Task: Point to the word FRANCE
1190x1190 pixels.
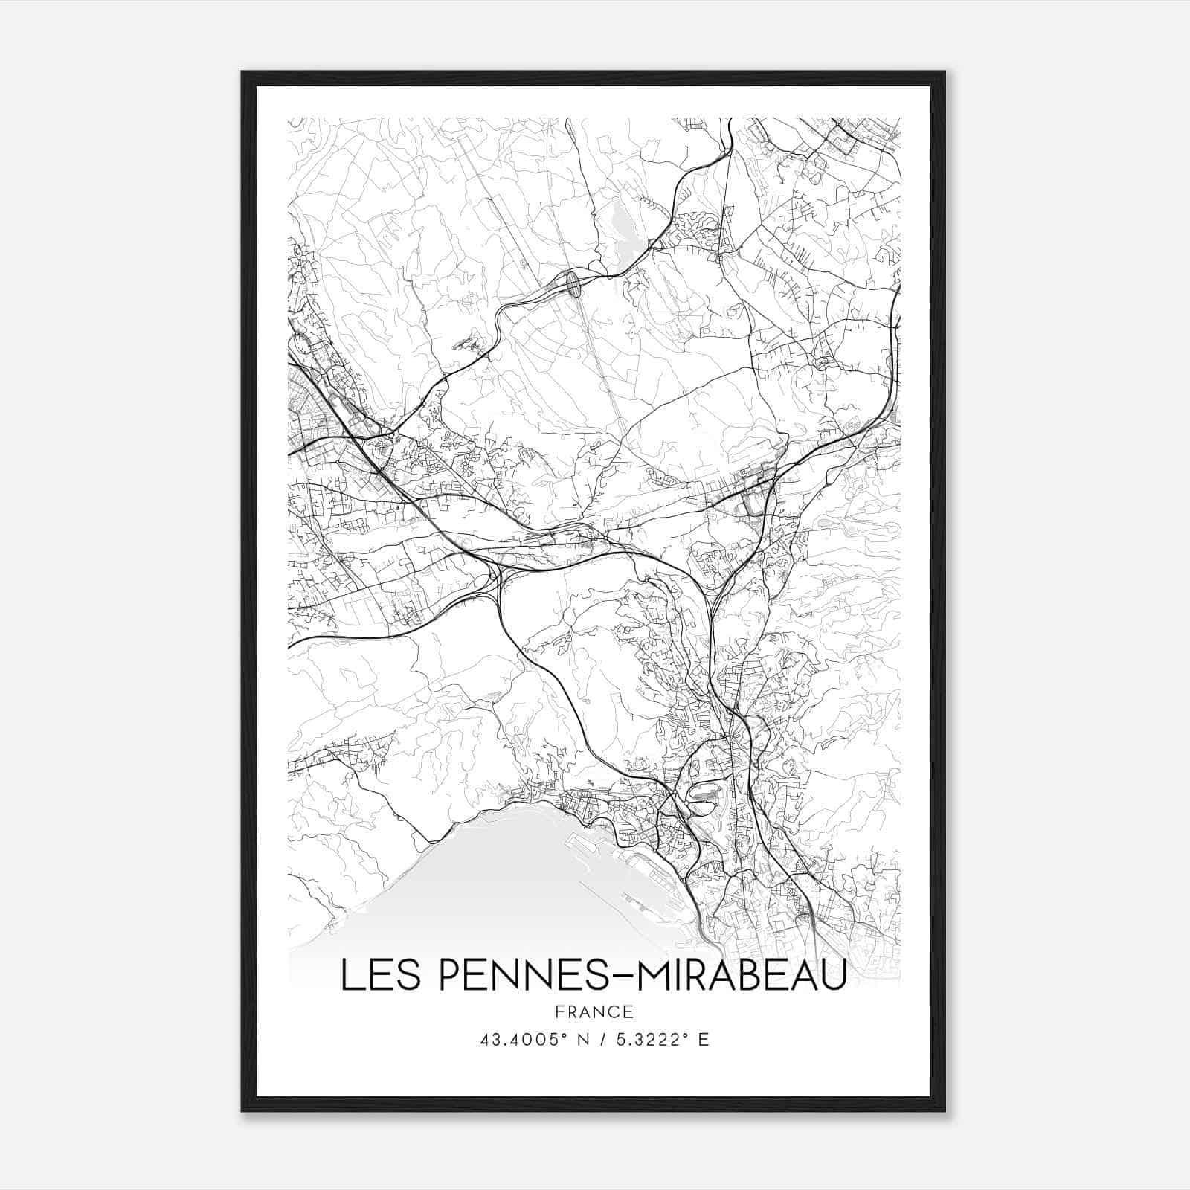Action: pyautogui.click(x=594, y=1011)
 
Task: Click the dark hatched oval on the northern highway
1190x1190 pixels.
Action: pyautogui.click(x=573, y=284)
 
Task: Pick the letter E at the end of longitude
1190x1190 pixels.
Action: pyautogui.click(x=704, y=1039)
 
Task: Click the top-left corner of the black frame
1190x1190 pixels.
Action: pyautogui.click(x=242, y=72)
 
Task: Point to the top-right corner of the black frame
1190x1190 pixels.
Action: pyautogui.click(x=945, y=72)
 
